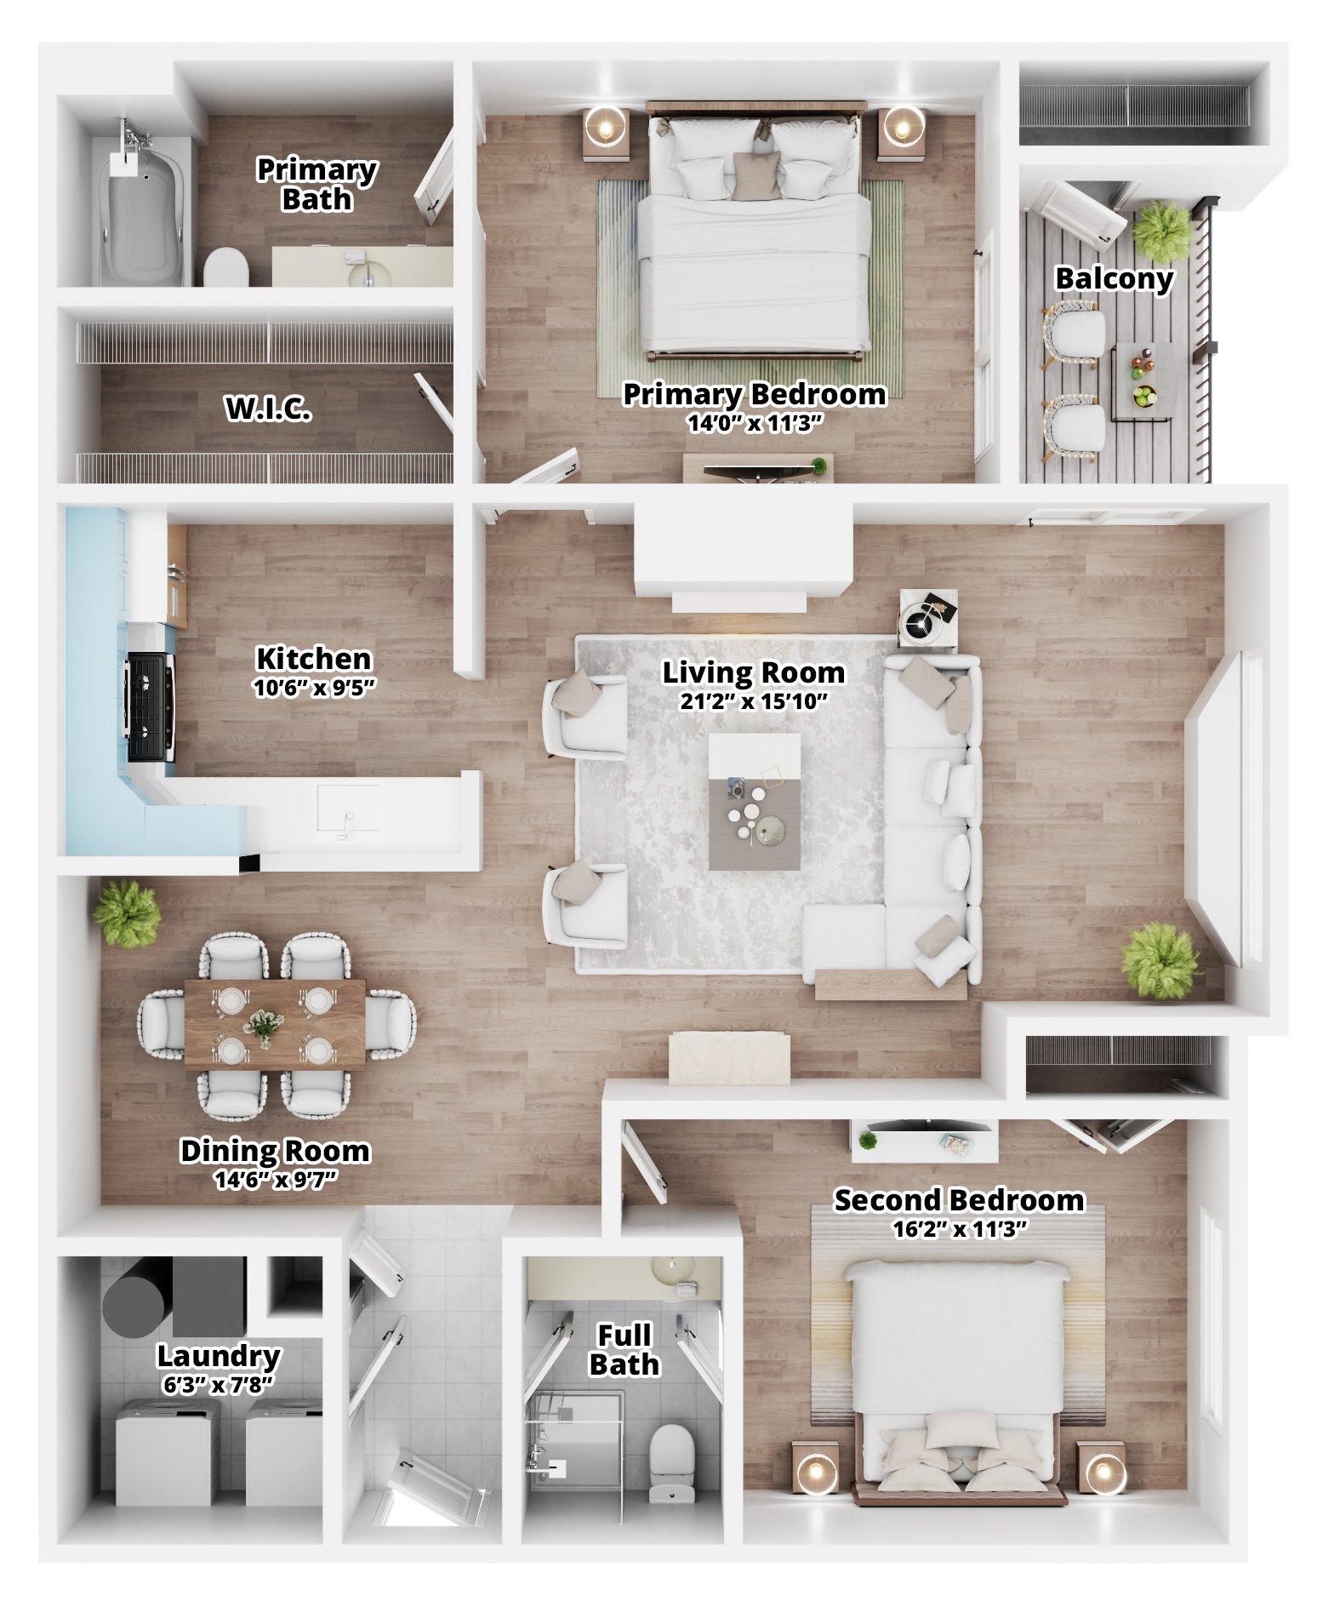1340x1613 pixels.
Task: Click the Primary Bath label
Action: point(316,184)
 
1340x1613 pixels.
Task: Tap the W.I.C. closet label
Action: point(267,410)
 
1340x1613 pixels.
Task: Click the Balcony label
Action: point(1114,278)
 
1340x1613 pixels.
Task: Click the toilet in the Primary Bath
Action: point(225,266)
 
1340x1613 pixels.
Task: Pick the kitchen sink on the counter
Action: point(349,809)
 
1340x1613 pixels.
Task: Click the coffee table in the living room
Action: point(755,800)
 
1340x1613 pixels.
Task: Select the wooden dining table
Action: point(276,1025)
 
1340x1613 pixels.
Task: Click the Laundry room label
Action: point(219,1355)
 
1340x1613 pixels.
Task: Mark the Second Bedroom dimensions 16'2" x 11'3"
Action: point(959,1228)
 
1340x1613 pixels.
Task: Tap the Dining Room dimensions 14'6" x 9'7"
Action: point(275,1180)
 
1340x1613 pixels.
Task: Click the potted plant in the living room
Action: point(1160,961)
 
